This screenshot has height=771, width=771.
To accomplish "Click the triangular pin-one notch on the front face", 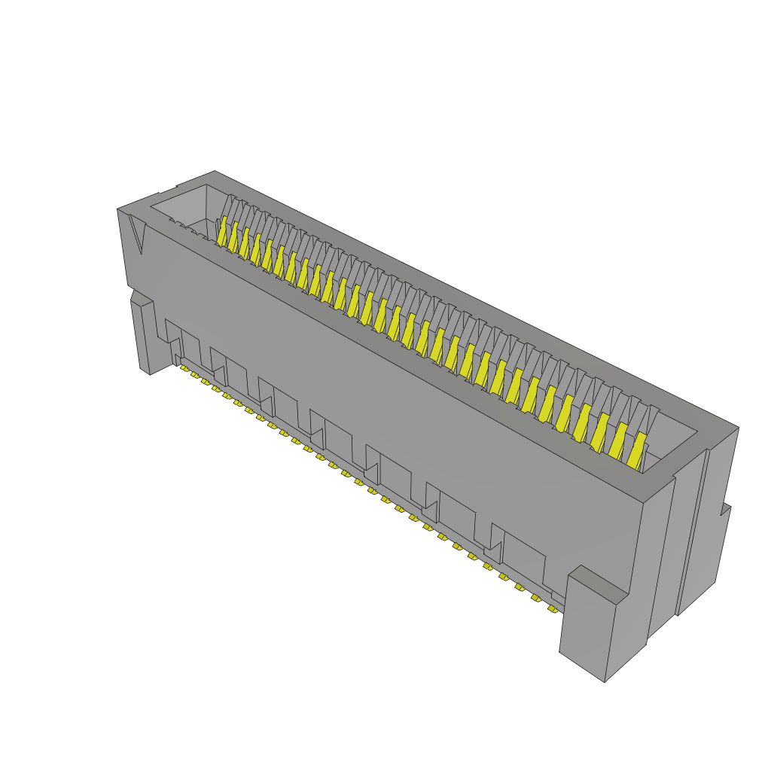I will tap(136, 232).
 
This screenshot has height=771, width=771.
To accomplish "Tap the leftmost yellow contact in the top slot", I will tap(222, 231).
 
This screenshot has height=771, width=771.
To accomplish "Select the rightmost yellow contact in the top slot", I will tap(637, 449).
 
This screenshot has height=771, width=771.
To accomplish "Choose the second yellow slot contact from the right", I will tap(617, 440).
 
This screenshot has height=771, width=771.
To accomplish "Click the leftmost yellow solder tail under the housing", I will tap(184, 369).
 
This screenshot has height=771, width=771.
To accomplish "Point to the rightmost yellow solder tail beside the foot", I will tap(555, 608).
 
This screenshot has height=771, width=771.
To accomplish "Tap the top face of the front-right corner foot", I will tap(596, 584).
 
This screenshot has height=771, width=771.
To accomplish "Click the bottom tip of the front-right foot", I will tap(605, 681).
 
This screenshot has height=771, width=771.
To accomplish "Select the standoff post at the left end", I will tap(142, 335).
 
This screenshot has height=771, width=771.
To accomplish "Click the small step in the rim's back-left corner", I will tap(178, 187).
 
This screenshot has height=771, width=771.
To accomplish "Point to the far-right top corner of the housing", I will tap(738, 428).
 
